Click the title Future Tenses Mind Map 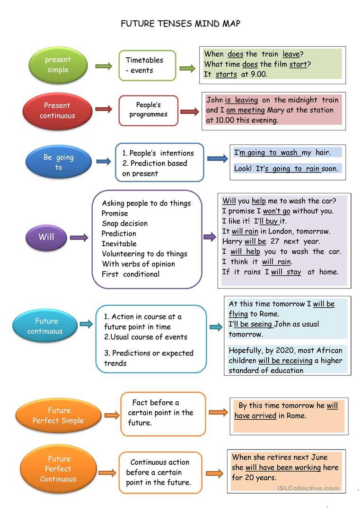pos(180,24)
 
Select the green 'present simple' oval pos(58,65)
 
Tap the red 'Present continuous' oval pos(57,111)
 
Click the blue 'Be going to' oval pos(58,162)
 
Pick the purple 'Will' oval pos(46,237)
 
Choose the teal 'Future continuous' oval pos(45,326)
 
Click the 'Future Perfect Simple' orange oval pos(58,415)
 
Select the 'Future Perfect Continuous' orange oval pos(58,469)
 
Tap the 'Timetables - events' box pos(147,65)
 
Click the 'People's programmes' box pos(148,110)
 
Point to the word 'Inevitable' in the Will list pos(119,244)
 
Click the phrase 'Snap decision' pos(124,223)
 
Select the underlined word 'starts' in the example pos(226,74)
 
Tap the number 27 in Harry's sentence pos(275,242)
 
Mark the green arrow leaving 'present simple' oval pos(104,66)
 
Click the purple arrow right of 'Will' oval pos(79,237)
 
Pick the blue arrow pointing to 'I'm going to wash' pos(217,159)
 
